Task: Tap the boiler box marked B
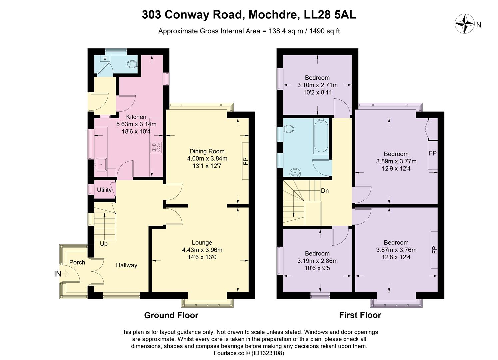[105, 59]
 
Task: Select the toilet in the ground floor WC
[132, 64]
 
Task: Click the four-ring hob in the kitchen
[156, 147]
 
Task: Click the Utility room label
[104, 190]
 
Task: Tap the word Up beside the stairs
[104, 244]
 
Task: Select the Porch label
[77, 262]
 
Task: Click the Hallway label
[127, 265]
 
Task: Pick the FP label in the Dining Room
[245, 161]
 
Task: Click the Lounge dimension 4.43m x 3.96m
[202, 250]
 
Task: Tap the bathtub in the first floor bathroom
[321, 136]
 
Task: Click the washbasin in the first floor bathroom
[295, 172]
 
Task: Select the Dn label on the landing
[325, 191]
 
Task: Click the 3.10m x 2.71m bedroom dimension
[317, 85]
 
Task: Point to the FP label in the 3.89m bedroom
[433, 153]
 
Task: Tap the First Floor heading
[360, 315]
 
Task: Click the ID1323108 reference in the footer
[268, 353]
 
